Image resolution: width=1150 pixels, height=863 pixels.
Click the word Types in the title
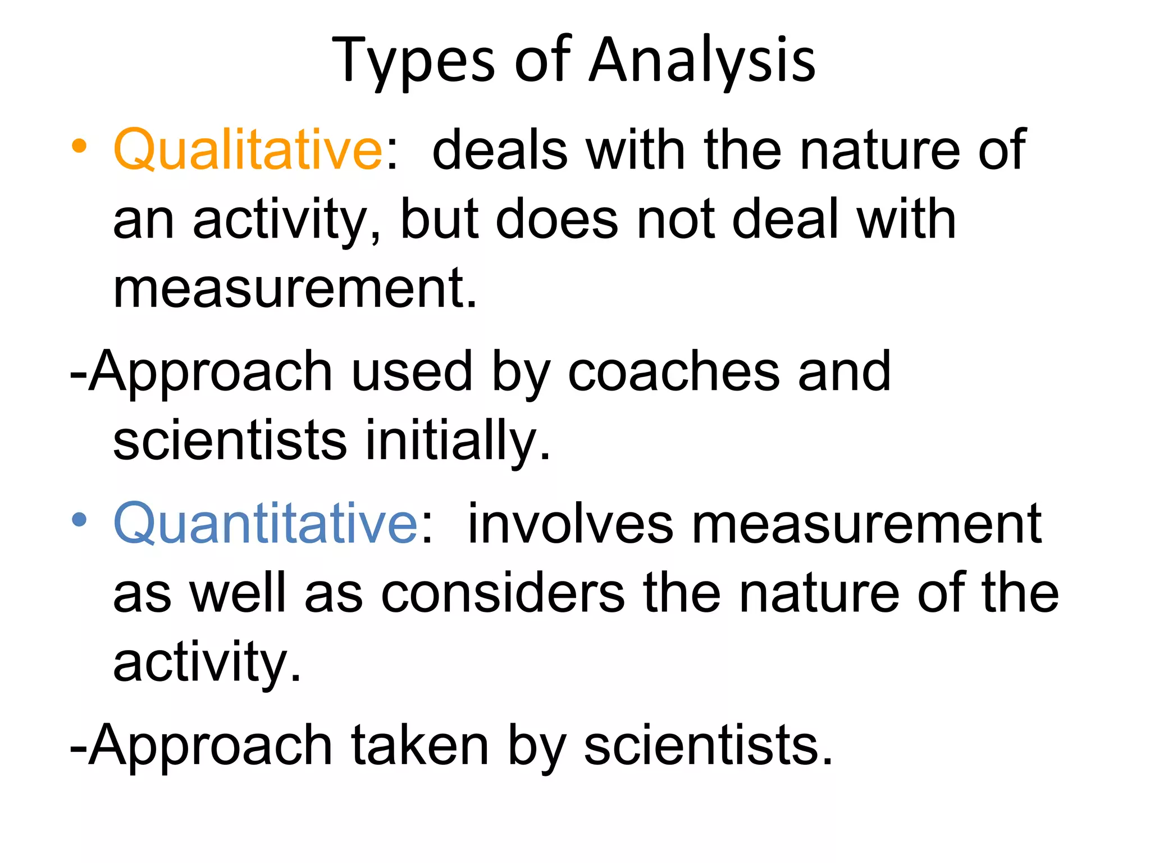point(413,61)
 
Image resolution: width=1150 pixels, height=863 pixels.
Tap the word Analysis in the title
point(702,61)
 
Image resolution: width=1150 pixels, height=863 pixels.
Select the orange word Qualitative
point(248,149)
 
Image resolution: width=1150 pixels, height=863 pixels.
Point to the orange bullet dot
point(79,146)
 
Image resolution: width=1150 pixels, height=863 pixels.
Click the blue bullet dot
point(79,520)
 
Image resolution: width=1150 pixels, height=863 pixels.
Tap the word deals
point(500,149)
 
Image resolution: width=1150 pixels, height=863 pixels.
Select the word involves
point(570,524)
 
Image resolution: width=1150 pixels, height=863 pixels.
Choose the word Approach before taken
point(202,745)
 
